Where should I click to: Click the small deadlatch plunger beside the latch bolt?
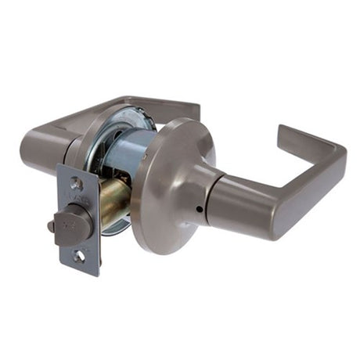(52, 226)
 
